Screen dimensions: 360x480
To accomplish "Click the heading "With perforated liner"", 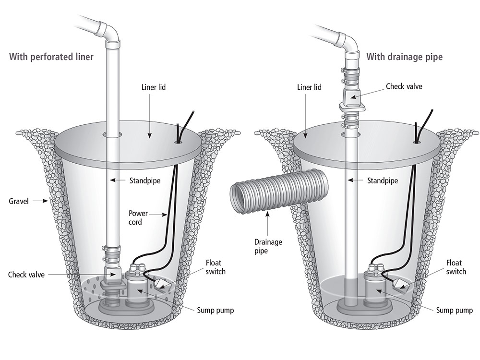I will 51,57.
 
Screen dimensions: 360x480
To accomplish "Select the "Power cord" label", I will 138,217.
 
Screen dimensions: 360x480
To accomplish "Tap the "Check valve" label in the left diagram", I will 28,275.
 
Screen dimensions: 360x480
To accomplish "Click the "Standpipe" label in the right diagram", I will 383,181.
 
